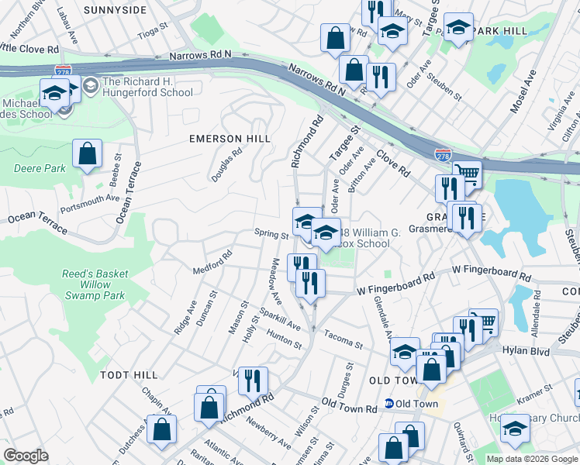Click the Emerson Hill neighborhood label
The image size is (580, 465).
230,139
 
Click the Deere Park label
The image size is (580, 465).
29,168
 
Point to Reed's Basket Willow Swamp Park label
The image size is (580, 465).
92,284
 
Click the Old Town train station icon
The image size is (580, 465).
389,404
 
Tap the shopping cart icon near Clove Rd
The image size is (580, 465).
467,174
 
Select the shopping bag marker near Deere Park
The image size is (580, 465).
88,153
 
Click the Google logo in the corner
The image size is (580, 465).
26,455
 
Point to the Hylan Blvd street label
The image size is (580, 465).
530,352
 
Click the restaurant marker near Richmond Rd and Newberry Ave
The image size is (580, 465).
252,381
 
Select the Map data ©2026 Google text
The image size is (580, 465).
531,459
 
